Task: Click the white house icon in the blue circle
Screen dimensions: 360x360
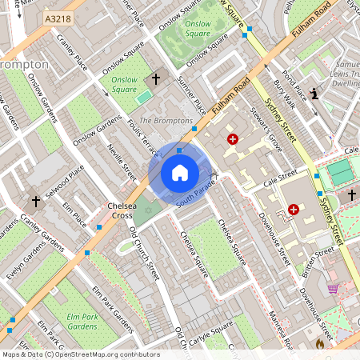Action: pos(179,172)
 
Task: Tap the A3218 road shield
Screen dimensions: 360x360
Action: pos(58,18)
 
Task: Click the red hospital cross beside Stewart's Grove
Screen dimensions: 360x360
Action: pos(233,138)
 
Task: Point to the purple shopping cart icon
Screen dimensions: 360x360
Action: pos(332,289)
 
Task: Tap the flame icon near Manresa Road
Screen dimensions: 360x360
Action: pos(319,344)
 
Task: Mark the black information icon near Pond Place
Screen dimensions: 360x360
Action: pos(314,94)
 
